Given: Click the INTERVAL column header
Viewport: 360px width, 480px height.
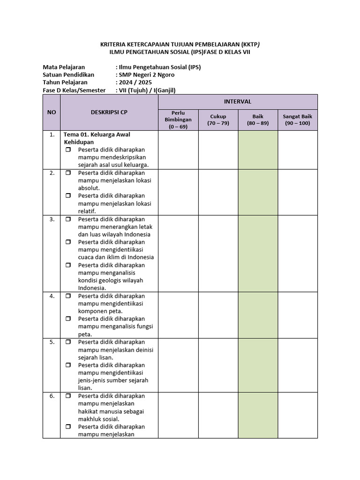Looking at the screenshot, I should pyautogui.click(x=238, y=102).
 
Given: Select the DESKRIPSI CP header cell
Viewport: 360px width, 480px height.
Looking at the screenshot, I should pyautogui.click(x=109, y=112).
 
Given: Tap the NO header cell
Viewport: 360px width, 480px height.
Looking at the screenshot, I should pyautogui.click(x=52, y=112).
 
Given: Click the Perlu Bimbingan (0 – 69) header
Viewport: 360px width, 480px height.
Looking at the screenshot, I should pyautogui.click(x=178, y=120).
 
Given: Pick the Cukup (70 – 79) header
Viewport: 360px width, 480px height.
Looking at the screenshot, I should pyautogui.click(x=218, y=120).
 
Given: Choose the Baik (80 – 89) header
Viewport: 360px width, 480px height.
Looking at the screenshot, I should pyautogui.click(x=258, y=120).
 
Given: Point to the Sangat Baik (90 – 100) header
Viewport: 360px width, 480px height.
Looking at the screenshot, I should pyautogui.click(x=297, y=120).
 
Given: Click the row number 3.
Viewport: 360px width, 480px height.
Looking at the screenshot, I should pyautogui.click(x=52, y=219).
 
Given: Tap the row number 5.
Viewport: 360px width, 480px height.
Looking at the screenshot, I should pyautogui.click(x=52, y=342).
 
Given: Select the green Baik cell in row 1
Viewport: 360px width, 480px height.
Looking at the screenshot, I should pyautogui.click(x=258, y=150).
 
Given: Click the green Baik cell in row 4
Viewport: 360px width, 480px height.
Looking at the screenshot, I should pyautogui.click(x=258, y=315).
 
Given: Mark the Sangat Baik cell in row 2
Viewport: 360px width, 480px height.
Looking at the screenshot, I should pyautogui.click(x=297, y=192).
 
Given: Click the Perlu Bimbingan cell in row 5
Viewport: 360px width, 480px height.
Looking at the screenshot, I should pyautogui.click(x=178, y=365).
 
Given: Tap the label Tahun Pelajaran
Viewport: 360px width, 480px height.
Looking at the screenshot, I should pyautogui.click(x=65, y=82).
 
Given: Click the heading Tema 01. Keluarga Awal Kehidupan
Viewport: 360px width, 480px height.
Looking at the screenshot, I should pyautogui.click(x=97, y=138).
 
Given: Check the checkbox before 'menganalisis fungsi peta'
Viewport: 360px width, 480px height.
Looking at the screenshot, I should pyautogui.click(x=68, y=319).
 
